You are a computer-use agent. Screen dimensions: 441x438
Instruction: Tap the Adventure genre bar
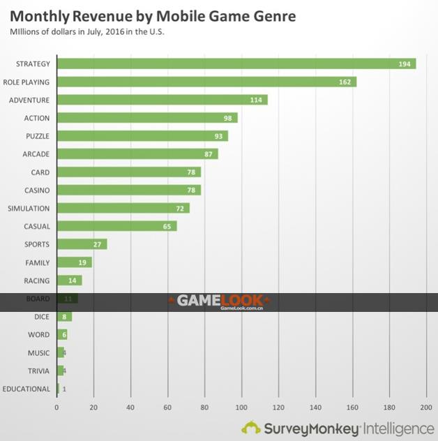coord(162,100)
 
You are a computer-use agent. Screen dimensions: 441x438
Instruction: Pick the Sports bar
coord(82,244)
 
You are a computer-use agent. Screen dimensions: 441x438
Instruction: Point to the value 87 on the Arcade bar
coord(209,154)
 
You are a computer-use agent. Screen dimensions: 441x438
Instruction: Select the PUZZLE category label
coord(37,136)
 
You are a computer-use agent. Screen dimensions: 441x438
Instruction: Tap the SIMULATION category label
coord(29,208)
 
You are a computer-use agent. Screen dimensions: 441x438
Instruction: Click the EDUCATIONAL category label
coord(27,389)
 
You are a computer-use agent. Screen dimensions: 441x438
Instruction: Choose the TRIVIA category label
coord(38,371)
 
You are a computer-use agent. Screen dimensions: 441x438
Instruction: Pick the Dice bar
coord(64,316)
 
